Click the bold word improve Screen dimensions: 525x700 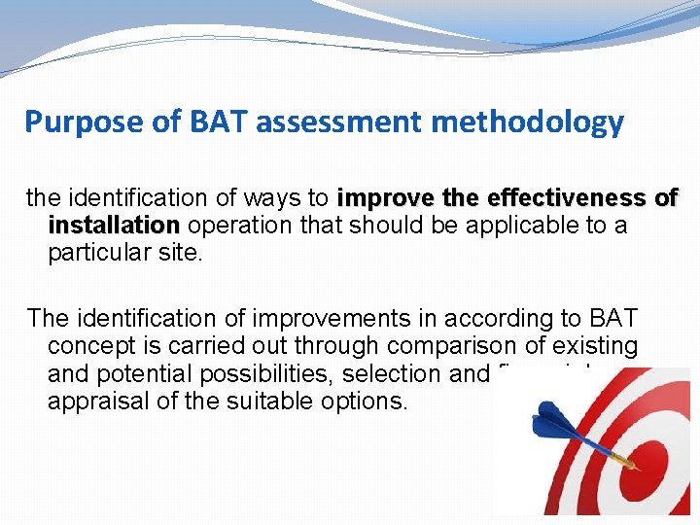click(x=382, y=198)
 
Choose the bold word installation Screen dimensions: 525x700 click(x=114, y=226)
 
